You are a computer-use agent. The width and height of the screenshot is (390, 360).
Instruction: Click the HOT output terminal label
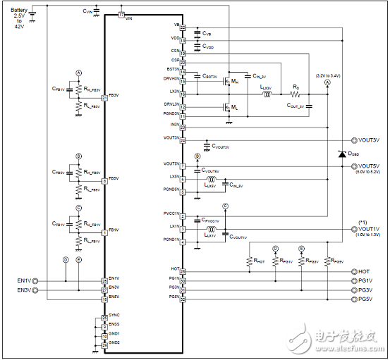[x=364, y=271]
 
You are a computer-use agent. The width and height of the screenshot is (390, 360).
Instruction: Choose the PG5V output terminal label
[x=365, y=299]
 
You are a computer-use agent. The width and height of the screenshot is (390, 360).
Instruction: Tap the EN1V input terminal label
[x=25, y=280]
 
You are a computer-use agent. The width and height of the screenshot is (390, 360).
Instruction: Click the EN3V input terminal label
[x=25, y=290]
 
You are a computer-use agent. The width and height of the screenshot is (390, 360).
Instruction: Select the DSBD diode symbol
[x=342, y=154]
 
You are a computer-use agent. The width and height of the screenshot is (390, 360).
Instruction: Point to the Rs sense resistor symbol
[x=296, y=93]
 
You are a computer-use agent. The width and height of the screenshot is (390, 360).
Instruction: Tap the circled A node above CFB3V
[x=79, y=73]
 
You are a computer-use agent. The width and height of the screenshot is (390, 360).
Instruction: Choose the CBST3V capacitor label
[x=209, y=75]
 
